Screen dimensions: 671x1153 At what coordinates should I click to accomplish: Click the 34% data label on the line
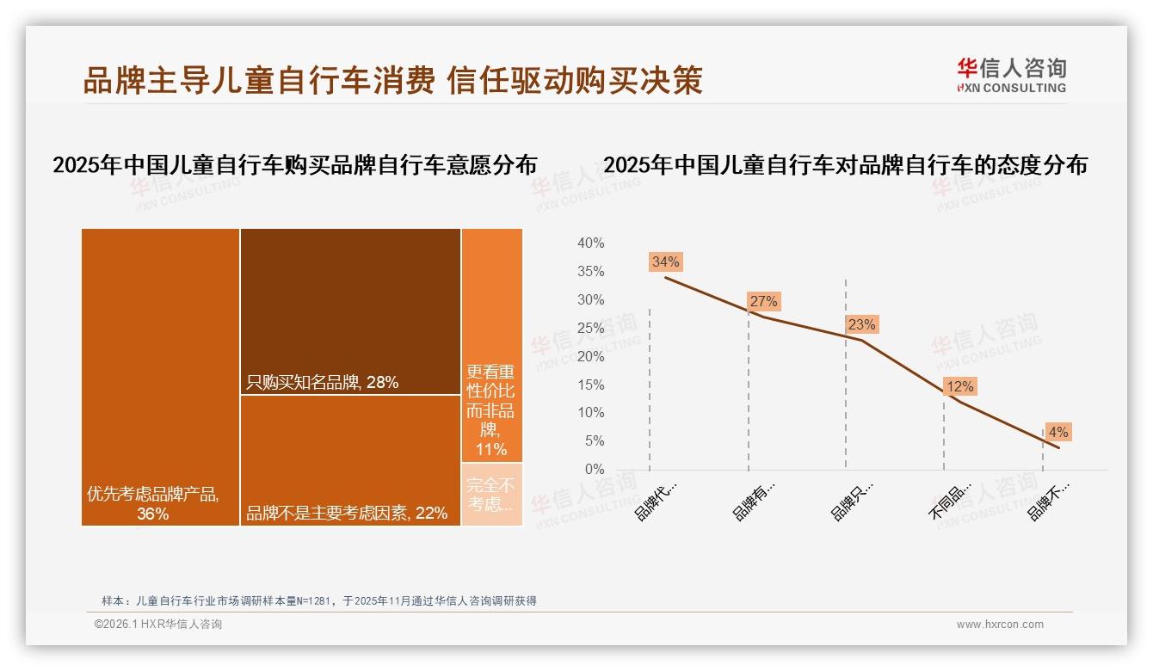(666, 262)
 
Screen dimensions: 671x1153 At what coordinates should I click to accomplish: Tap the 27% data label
(763, 301)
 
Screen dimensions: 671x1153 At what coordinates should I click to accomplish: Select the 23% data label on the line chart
(861, 324)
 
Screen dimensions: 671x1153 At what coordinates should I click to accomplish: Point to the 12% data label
(959, 387)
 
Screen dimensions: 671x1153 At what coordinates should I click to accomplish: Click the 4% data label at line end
(1057, 432)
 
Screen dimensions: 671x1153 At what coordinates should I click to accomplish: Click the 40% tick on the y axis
(590, 243)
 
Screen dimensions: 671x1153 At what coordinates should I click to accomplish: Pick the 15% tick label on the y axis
(590, 385)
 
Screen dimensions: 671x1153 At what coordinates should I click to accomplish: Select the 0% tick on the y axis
(594, 470)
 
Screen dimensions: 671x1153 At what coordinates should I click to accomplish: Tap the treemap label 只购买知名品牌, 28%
(323, 383)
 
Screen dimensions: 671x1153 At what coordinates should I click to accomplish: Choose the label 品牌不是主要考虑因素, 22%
(347, 514)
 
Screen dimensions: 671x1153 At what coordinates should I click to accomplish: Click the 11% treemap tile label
(491, 410)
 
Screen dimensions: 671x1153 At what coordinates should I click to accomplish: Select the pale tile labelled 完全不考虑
(491, 495)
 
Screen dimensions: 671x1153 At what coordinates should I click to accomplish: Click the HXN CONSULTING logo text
(1012, 88)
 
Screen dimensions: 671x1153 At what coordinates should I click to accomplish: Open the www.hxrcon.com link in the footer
(1000, 625)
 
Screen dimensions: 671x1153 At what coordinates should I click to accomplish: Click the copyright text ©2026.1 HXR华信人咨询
(158, 625)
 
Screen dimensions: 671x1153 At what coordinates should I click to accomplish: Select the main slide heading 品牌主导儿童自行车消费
(258, 80)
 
